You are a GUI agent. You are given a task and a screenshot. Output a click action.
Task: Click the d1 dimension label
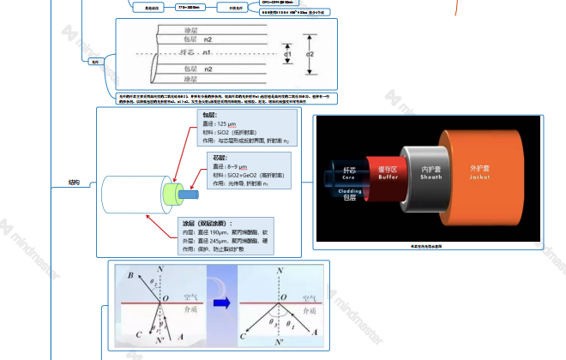tap(287, 54)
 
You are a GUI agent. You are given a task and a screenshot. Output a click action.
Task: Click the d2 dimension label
tap(310, 54)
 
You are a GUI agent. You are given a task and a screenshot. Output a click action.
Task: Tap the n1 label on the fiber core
tap(207, 53)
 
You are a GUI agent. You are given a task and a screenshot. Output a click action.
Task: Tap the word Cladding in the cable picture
tap(347, 190)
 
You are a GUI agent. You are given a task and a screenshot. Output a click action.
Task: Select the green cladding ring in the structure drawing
tap(172, 195)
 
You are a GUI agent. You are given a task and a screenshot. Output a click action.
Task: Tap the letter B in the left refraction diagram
tap(129, 276)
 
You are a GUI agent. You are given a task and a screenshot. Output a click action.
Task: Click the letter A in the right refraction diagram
tap(316, 332)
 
